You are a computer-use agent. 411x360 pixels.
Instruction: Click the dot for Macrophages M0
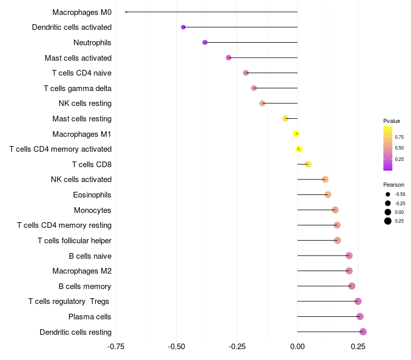tap(126, 12)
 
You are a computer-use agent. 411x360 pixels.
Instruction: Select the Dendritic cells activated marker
tap(183, 27)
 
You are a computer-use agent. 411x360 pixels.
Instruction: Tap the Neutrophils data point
tap(205, 42)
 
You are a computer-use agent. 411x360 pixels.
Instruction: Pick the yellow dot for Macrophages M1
tap(296, 134)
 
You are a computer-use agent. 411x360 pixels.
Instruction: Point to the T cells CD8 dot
tap(308, 164)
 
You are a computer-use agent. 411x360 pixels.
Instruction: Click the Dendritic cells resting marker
tap(363, 332)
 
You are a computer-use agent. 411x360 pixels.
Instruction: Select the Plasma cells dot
tap(360, 316)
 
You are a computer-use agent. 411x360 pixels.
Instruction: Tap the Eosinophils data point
tap(328, 194)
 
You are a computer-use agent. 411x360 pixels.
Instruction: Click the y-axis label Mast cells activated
tap(78, 58)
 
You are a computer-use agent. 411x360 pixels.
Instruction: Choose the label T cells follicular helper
tap(74, 241)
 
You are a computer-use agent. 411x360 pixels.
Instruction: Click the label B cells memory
tap(85, 286)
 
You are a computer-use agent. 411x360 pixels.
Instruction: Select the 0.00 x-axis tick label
tap(297, 347)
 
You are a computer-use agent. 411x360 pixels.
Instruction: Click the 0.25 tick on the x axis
tap(358, 347)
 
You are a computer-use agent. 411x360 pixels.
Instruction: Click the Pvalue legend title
tap(391, 121)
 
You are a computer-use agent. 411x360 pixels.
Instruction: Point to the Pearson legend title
tap(394, 185)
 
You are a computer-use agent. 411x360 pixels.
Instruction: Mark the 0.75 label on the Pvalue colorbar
tap(399, 137)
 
